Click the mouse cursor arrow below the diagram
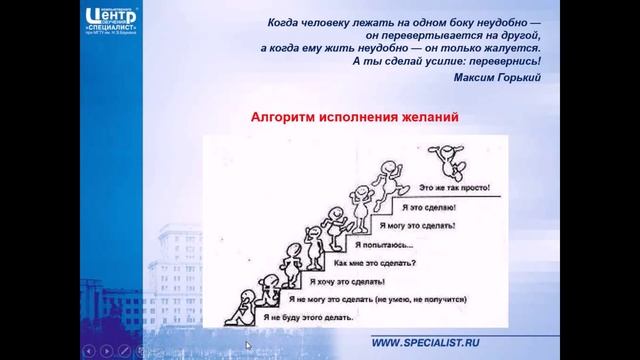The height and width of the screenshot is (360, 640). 248,346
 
